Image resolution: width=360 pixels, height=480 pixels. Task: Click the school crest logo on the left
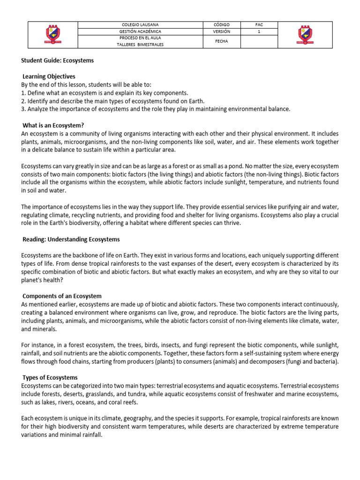[x=52, y=35]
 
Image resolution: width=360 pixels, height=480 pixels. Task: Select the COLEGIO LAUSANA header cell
[x=140, y=24]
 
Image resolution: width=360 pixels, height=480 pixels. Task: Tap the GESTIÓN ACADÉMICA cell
[x=140, y=31]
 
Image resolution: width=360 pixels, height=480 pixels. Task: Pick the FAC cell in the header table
[x=259, y=24]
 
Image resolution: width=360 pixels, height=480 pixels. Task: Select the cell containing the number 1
[x=259, y=31]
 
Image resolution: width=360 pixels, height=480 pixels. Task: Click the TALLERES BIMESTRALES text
[x=140, y=45]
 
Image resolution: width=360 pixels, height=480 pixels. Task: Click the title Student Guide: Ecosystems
[x=58, y=60]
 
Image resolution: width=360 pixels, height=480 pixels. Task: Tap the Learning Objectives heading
[x=49, y=76]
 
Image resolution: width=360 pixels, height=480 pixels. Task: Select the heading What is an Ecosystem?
[x=53, y=125]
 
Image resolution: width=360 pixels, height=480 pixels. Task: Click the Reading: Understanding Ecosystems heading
[x=71, y=239]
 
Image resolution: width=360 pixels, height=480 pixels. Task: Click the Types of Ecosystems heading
[x=50, y=377]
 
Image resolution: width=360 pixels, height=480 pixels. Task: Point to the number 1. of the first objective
[x=23, y=93]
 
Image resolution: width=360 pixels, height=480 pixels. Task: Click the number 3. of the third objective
[x=23, y=109]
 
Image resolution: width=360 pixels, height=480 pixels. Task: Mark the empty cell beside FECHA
[x=259, y=42]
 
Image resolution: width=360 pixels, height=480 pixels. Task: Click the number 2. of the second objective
[x=23, y=101]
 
